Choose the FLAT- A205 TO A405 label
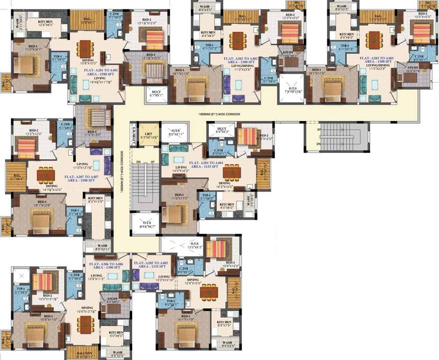151,263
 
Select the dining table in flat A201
85,47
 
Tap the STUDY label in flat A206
112,299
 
